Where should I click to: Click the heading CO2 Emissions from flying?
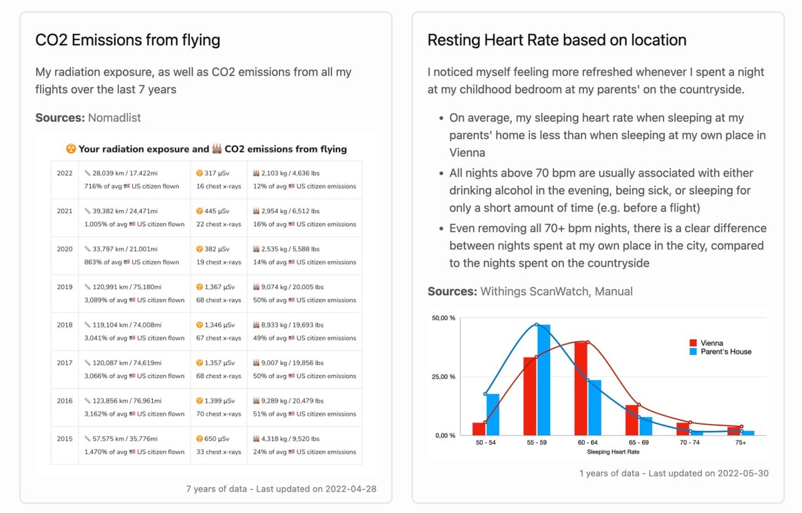pyautogui.click(x=128, y=40)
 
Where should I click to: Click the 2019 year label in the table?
pyautogui.click(x=65, y=287)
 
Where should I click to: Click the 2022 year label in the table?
pyautogui.click(x=65, y=173)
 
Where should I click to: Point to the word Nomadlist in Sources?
pyautogui.click(x=114, y=118)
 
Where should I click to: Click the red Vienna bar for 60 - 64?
pyautogui.click(x=581, y=389)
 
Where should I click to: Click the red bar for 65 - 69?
pyautogui.click(x=632, y=420)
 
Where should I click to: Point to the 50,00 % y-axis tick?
pyautogui.click(x=444, y=318)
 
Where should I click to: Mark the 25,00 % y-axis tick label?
pyautogui.click(x=444, y=377)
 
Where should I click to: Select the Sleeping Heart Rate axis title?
pyautogui.click(x=614, y=452)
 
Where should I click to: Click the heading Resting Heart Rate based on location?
pyautogui.click(x=557, y=40)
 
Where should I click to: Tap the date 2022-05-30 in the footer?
pyautogui.click(x=742, y=474)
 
